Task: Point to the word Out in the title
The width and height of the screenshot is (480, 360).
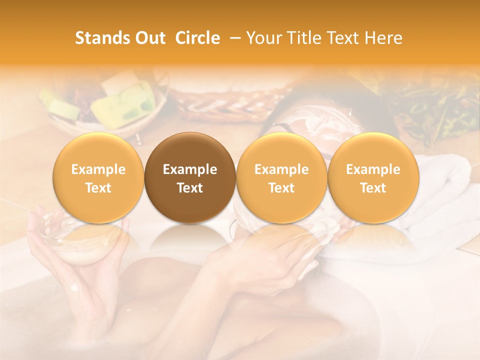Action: (148, 38)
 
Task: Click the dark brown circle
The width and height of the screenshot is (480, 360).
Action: (190, 177)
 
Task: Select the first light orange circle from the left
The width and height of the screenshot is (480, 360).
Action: (98, 177)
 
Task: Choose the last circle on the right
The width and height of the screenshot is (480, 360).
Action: (373, 177)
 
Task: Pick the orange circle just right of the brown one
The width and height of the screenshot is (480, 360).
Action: (281, 177)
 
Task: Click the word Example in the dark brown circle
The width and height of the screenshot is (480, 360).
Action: (190, 169)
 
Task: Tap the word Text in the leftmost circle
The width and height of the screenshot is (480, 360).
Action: (98, 188)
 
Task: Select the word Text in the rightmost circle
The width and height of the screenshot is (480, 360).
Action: (373, 188)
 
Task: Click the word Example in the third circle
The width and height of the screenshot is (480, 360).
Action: (281, 169)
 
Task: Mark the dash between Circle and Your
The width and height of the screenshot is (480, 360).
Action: (233, 38)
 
